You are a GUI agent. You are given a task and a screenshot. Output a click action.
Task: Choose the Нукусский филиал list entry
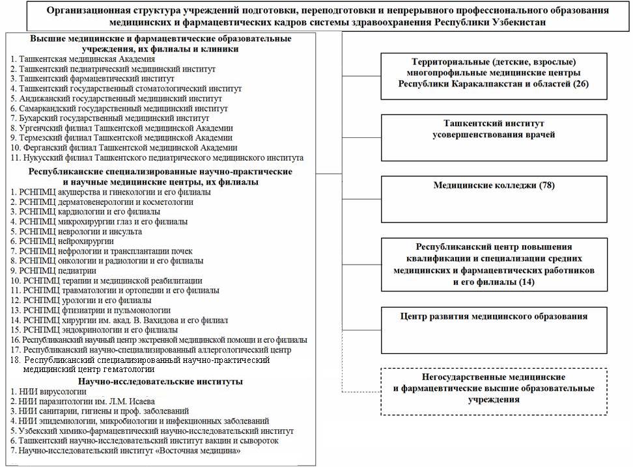[x=157, y=158]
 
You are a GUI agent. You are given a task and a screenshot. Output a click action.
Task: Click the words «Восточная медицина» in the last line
[x=199, y=451]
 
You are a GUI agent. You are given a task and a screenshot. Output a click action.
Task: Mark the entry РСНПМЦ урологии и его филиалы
[x=81, y=300]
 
